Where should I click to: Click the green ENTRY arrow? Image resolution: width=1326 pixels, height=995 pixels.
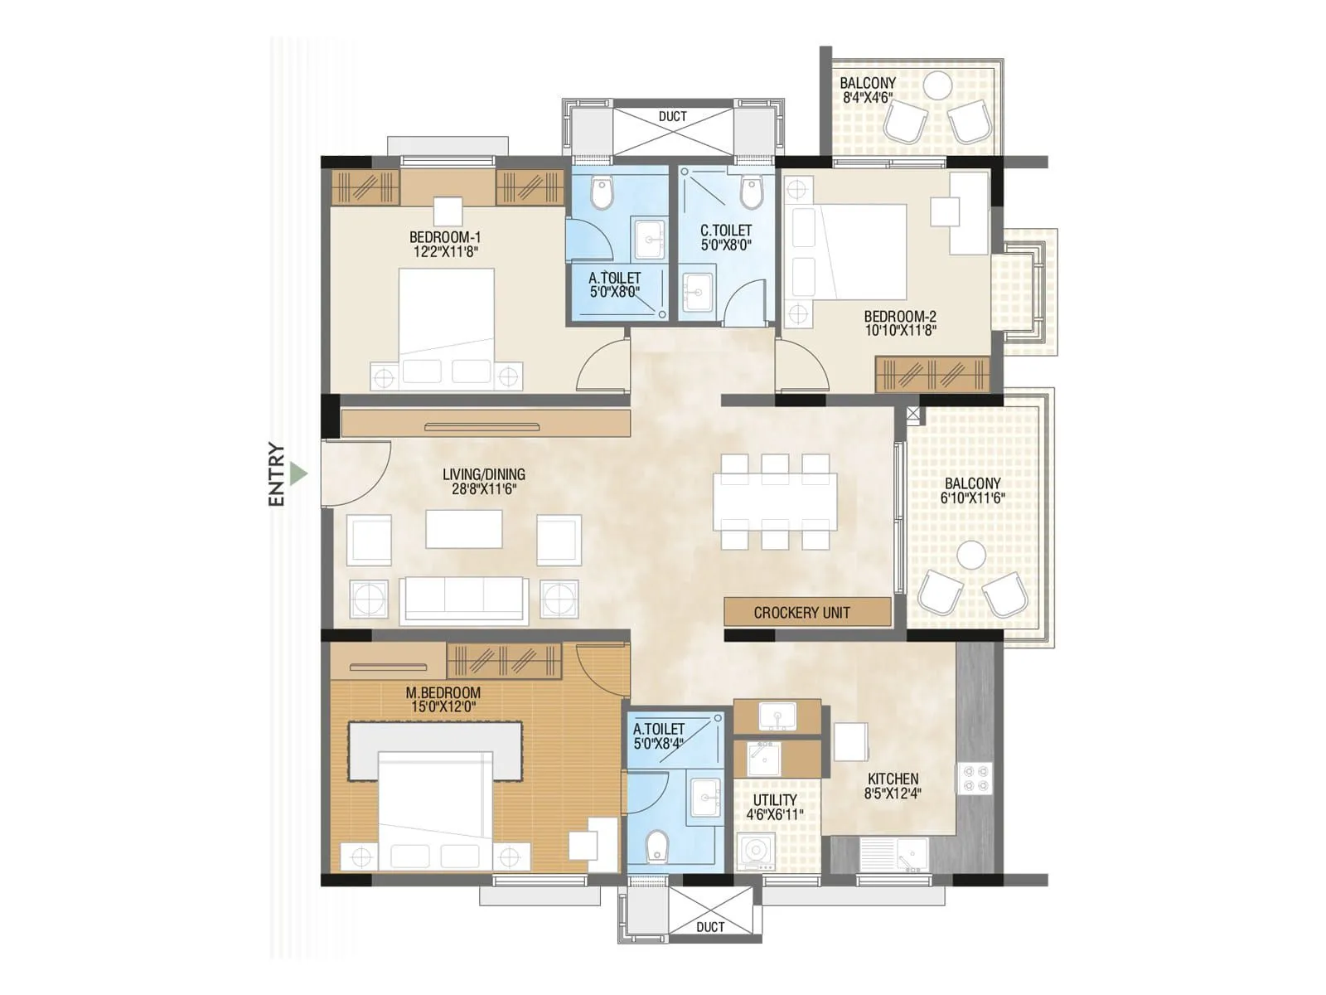tap(299, 474)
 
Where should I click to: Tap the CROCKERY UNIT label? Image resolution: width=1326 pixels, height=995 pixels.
tap(801, 613)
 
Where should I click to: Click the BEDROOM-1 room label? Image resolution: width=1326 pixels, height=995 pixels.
tap(445, 237)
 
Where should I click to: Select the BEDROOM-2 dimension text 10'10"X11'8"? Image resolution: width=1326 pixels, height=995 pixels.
tap(900, 331)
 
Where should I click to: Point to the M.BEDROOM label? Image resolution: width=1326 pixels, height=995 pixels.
tap(443, 692)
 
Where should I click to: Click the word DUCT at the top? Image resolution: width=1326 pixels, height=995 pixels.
tap(672, 117)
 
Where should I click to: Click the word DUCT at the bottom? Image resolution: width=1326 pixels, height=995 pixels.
tap(710, 926)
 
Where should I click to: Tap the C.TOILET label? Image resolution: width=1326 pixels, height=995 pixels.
tap(726, 231)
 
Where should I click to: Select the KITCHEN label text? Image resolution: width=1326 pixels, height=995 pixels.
tap(893, 779)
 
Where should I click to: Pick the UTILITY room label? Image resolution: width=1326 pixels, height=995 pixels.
tap(775, 800)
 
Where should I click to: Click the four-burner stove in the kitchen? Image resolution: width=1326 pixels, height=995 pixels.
tap(975, 778)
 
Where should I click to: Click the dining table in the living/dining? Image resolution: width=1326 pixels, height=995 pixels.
tap(775, 502)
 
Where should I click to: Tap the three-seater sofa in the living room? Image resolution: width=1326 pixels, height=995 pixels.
tap(463, 599)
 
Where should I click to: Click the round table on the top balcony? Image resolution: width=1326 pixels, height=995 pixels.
tap(937, 85)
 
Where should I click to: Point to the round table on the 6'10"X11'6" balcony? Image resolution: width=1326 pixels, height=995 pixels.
tap(971, 555)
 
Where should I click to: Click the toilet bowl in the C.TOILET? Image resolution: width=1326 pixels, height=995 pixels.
tap(752, 193)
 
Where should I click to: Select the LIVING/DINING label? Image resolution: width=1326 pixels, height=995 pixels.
tap(483, 474)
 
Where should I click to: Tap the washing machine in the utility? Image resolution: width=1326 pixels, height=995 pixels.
tap(755, 852)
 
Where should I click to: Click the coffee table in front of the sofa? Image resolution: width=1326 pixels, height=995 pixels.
tap(463, 529)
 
